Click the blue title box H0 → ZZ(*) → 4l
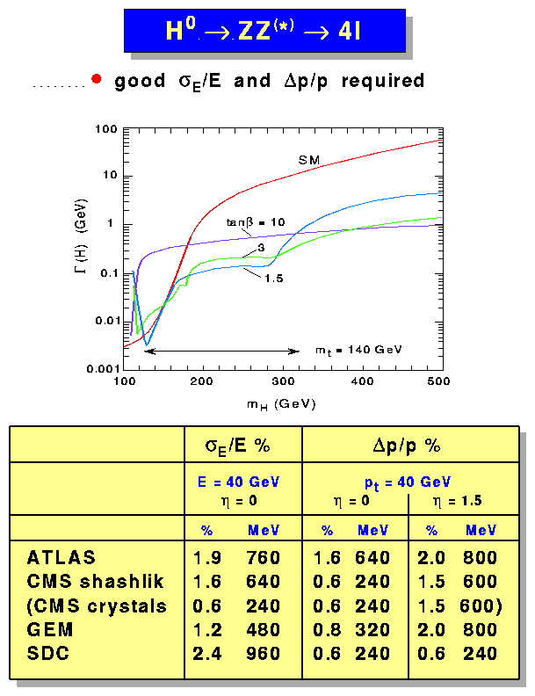click(x=264, y=32)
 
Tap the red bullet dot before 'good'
click(x=97, y=82)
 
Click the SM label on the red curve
click(x=308, y=160)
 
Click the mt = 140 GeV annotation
click(x=358, y=349)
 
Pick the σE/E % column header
click(x=237, y=445)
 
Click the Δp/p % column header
click(x=406, y=445)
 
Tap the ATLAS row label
click(x=61, y=558)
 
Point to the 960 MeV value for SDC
click(x=264, y=653)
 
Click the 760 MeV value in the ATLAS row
click(x=264, y=558)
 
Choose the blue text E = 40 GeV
click(x=237, y=482)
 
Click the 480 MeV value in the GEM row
click(x=264, y=629)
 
